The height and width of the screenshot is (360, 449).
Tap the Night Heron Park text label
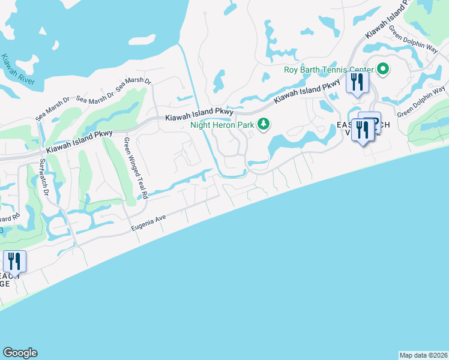[x=222, y=125]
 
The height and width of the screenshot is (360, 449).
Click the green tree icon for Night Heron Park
[x=263, y=125]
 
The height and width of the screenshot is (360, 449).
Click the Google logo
[x=20, y=353]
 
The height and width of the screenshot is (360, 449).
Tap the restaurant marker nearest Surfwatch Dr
[x=13, y=262]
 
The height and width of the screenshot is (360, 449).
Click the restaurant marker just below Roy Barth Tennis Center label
[x=358, y=82]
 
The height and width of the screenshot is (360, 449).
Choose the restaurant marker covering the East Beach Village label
[x=363, y=129]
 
